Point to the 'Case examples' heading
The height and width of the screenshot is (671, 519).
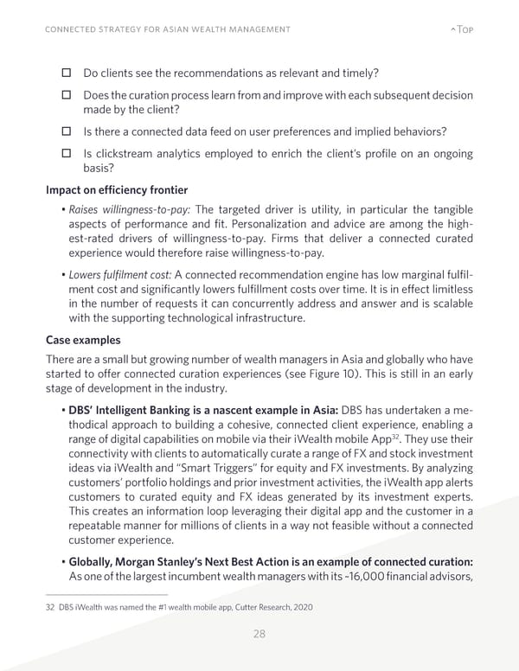tap(84, 341)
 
